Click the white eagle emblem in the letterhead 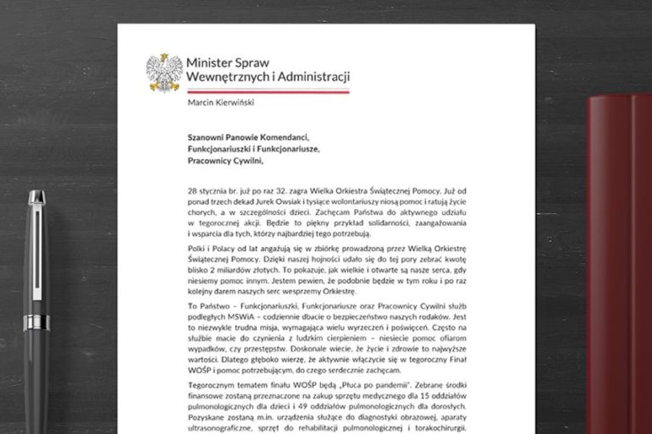click(x=164, y=72)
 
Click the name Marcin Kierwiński click(x=221, y=104)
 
